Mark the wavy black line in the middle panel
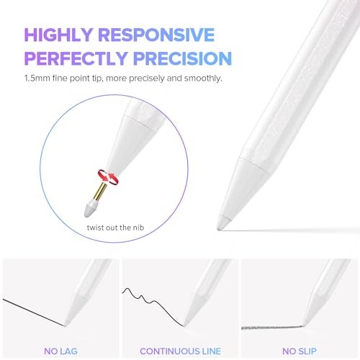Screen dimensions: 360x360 pos(148,300)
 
